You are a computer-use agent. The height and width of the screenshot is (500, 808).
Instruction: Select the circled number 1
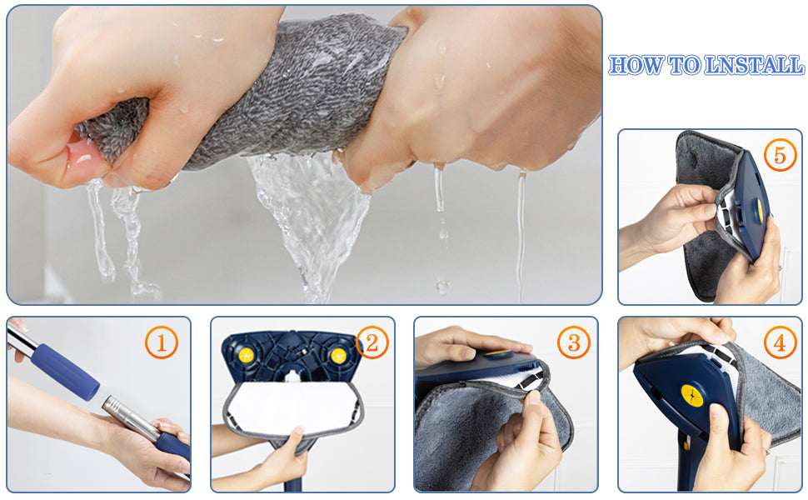pos(162,342)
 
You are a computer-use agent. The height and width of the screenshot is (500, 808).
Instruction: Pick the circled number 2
pos(372,342)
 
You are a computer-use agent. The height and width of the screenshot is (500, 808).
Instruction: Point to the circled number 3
pos(574,342)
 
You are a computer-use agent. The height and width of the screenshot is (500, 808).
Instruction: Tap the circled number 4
pos(780,342)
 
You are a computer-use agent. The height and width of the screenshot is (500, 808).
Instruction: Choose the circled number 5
pos(780,155)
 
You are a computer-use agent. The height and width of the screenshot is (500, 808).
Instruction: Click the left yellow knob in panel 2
pos(246,355)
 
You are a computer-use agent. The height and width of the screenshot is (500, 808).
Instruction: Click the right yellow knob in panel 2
pos(338,355)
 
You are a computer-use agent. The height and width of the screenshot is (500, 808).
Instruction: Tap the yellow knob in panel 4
pos(692,395)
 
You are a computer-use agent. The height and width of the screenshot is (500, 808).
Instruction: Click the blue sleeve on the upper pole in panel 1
pos(65,371)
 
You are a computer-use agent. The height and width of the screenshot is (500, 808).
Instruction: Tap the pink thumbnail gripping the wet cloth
pos(82,155)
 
